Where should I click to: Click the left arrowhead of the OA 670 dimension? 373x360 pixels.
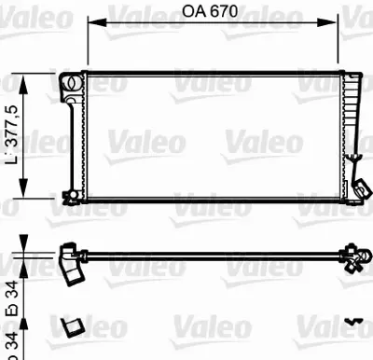tap(92, 26)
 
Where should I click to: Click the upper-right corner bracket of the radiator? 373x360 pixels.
tap(352, 76)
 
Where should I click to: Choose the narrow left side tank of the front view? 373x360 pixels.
tap(79, 140)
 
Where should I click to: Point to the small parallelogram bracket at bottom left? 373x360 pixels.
tap(71, 325)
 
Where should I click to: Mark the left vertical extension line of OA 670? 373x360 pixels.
tap(87, 42)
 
